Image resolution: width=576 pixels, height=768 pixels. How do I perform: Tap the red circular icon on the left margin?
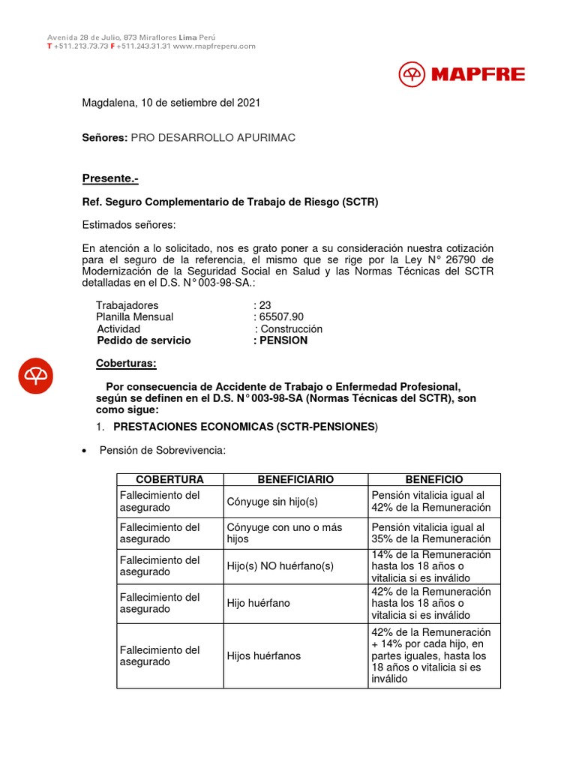point(36,376)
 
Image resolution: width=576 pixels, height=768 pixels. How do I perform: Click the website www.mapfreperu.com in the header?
point(214,46)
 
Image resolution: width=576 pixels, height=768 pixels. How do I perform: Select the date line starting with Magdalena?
point(171,103)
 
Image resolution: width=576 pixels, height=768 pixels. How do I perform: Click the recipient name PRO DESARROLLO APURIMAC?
point(213,138)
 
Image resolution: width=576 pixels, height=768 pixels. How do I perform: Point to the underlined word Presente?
point(110,178)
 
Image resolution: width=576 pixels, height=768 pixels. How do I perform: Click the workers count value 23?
point(264,305)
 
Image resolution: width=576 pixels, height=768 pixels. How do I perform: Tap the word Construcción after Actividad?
point(291,328)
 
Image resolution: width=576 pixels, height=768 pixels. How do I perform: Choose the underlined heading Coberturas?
point(127,364)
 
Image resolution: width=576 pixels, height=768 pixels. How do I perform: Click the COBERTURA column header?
point(169,479)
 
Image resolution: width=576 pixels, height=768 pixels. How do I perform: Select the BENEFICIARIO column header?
point(295,479)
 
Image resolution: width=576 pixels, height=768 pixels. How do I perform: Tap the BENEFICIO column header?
point(434,479)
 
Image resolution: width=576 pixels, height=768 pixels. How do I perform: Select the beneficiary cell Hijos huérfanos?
point(264,655)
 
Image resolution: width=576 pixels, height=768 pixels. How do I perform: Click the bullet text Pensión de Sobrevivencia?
point(162,450)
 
